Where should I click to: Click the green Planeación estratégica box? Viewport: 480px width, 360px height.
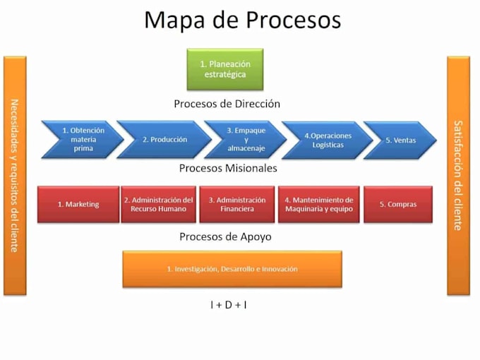[224, 69]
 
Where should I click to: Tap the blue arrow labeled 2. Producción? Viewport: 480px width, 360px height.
[164, 139]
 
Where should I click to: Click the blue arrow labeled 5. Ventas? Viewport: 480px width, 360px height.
[400, 140]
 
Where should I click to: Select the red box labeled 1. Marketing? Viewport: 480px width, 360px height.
[78, 204]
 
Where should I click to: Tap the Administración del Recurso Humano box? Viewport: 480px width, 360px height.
[158, 204]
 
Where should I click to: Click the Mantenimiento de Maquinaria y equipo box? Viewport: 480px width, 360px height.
[318, 204]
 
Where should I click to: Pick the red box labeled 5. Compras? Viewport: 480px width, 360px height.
[397, 204]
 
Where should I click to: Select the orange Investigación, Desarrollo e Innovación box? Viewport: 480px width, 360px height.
[232, 269]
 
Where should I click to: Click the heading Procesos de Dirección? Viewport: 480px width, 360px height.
[227, 104]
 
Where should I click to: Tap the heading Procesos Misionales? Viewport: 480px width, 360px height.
[228, 168]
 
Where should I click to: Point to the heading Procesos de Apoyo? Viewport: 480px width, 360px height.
[225, 236]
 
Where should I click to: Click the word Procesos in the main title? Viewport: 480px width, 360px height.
[293, 20]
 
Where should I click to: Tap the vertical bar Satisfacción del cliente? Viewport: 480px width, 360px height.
[457, 175]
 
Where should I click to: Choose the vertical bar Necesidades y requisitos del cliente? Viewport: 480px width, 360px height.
[14, 175]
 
